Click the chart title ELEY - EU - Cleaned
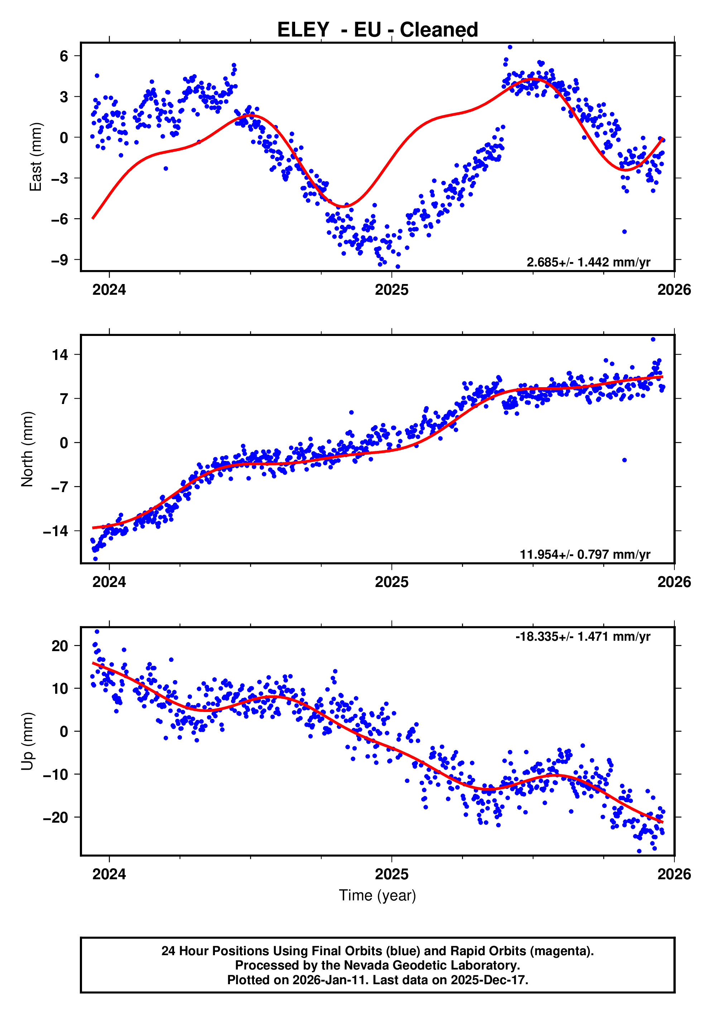377,30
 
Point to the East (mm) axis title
35,157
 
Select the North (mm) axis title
28,449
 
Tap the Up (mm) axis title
28,741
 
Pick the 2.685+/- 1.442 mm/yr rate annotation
588,262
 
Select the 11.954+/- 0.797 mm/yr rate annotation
585,554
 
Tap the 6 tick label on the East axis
64,56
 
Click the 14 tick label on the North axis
60,355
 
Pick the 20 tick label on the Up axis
60,646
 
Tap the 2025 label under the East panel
391,290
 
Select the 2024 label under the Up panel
109,874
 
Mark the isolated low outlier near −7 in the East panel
625,232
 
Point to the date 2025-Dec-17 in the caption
489,980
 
